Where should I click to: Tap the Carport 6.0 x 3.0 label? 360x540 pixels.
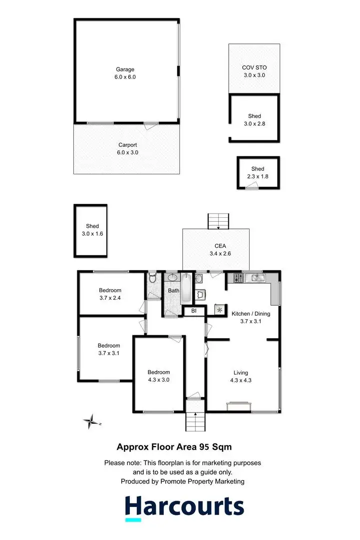(128, 149)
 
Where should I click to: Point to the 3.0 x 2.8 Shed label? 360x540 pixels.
(254, 120)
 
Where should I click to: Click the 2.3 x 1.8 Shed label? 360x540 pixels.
(258, 173)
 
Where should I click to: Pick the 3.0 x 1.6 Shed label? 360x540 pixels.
(92, 230)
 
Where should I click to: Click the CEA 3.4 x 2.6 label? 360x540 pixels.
(215, 250)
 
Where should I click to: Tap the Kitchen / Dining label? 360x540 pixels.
(251, 318)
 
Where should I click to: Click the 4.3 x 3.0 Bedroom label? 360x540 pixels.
(159, 376)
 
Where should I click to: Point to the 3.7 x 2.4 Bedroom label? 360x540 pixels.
(110, 294)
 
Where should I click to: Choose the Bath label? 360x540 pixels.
(173, 291)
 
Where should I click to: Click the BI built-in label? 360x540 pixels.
(194, 311)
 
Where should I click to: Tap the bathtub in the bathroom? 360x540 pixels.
(185, 289)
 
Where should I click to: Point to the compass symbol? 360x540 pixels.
(91, 422)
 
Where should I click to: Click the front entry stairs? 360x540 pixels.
(195, 422)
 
